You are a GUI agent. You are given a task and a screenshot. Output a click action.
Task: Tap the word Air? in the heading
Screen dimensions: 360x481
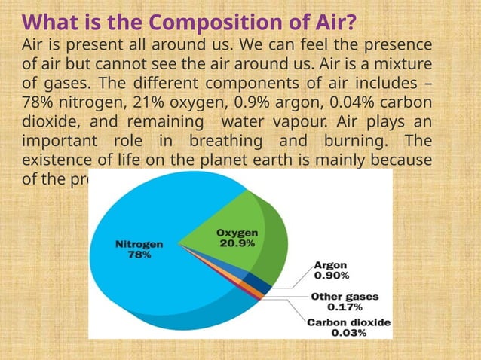[x=332, y=20]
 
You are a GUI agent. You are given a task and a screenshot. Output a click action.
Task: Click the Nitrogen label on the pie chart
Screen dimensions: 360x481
[x=139, y=244]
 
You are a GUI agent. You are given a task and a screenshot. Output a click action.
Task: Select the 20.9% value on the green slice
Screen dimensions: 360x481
[x=236, y=243]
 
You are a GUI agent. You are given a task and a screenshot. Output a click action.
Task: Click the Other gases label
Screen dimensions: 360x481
[x=345, y=296]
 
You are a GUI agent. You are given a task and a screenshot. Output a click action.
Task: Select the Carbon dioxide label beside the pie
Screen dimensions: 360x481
[x=348, y=322]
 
